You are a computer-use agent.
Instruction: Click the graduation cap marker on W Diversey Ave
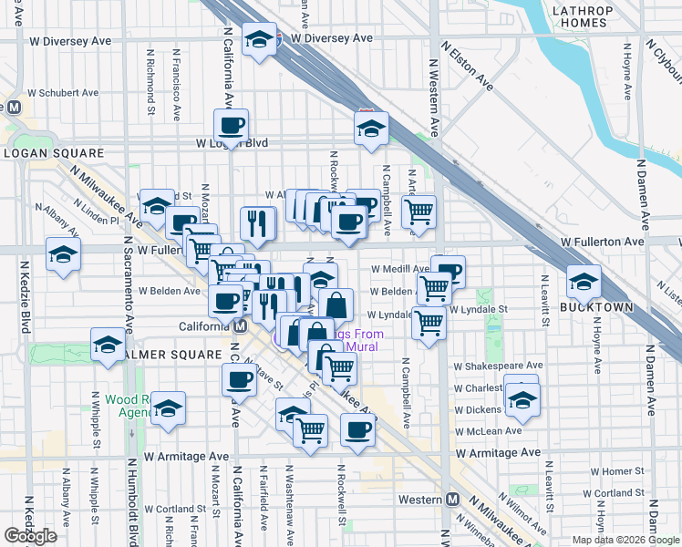coord(261,39)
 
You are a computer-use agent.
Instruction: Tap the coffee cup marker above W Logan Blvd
coord(231,125)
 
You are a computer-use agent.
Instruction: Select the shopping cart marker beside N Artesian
coord(418,212)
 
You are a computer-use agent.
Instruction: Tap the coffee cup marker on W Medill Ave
coord(448,271)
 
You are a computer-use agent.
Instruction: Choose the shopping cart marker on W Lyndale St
coord(429,323)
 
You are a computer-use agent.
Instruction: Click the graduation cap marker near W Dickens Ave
coord(522,399)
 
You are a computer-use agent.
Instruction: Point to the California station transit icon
coord(240,326)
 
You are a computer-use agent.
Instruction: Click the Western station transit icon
coord(453,500)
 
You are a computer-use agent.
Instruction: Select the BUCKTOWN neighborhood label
coord(596,307)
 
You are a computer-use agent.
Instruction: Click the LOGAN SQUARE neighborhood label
coord(45,152)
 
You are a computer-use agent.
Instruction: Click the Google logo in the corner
coord(31,536)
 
